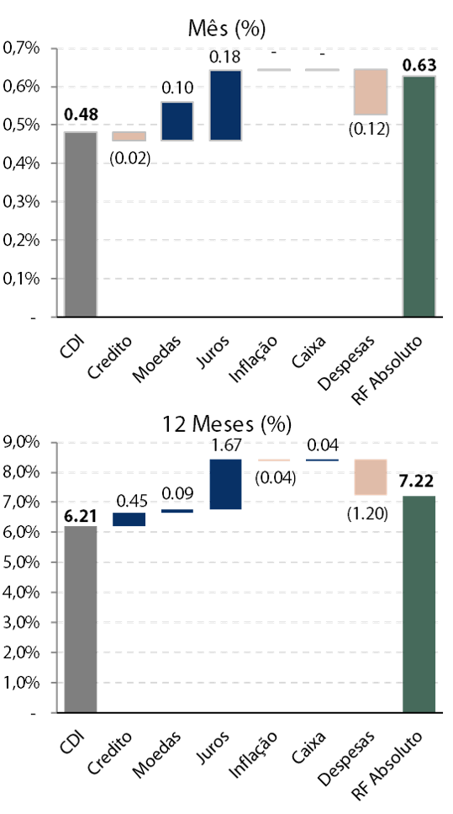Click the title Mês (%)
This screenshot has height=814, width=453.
[x=227, y=29]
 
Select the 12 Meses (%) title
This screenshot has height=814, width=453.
[x=227, y=424]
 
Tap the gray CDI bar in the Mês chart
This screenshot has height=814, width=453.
[x=81, y=224]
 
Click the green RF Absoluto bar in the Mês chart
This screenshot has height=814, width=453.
[x=419, y=196]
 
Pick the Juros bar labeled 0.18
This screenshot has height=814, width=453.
[x=225, y=105]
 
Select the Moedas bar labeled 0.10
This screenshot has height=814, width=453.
[x=177, y=121]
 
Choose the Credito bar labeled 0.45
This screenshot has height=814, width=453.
[x=129, y=519]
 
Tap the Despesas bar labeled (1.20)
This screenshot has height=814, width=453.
[x=371, y=477]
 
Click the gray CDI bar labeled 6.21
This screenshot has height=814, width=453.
[x=81, y=620]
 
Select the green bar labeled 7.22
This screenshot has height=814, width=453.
[x=419, y=604]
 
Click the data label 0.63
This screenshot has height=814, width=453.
[x=419, y=66]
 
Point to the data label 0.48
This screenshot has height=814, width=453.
[x=81, y=114]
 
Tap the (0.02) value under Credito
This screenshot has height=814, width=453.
[x=129, y=157]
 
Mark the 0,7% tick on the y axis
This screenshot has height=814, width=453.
[x=22, y=48]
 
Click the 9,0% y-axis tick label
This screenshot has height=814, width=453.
[x=22, y=442]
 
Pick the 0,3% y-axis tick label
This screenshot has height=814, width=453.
[x=22, y=202]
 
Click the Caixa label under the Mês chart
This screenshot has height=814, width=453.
[x=309, y=352]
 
